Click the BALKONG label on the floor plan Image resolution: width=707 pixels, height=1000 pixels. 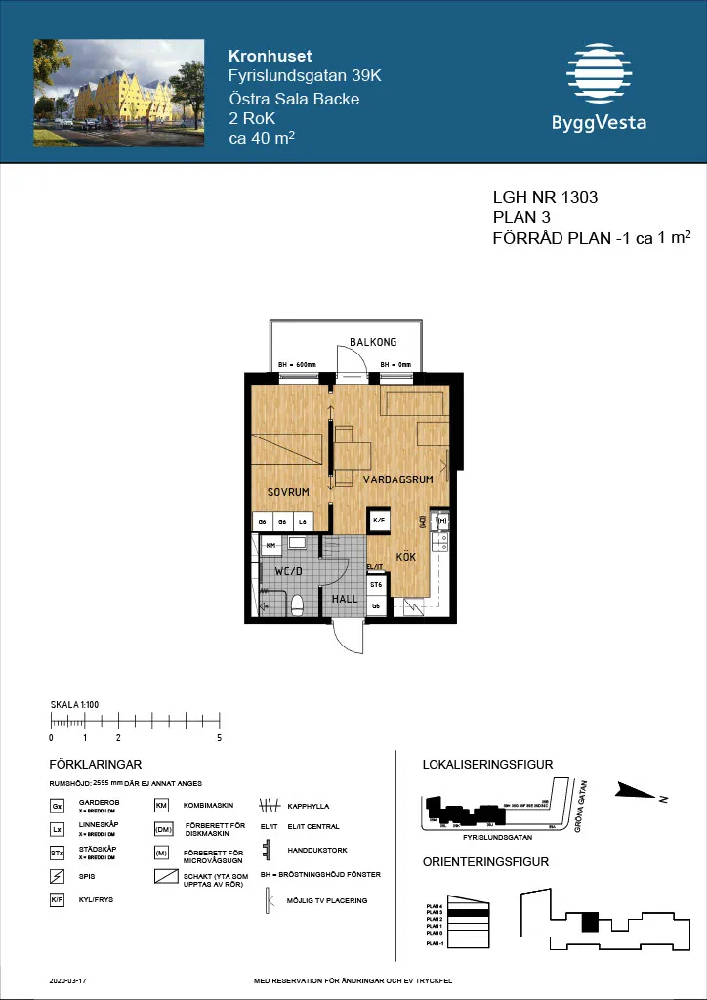coord(373,342)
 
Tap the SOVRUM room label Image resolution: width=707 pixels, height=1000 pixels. coord(288,492)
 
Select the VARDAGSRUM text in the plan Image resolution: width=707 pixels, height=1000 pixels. coord(397,481)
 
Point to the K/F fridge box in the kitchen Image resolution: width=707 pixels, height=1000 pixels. coord(380,521)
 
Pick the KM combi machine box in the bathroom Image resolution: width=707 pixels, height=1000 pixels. coord(270,545)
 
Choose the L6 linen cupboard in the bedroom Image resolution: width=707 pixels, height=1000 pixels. coord(304,522)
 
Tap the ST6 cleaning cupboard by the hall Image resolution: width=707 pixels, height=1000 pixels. coord(376,585)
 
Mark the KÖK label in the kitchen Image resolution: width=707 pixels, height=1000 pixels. coord(406,557)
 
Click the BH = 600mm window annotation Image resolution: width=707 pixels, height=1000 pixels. coord(298,365)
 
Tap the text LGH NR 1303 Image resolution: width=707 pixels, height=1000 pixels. coord(545,198)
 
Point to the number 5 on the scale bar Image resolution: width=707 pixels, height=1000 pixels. coord(220,738)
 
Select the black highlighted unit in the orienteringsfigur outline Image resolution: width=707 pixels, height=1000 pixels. coord(589,922)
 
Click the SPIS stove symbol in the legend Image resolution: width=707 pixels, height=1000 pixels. coord(57,875)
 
